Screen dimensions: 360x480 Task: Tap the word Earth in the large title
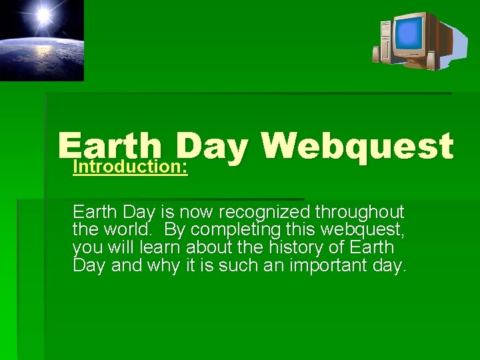110,144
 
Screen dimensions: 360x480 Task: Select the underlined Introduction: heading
130,166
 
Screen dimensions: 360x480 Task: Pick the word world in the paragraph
129,230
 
